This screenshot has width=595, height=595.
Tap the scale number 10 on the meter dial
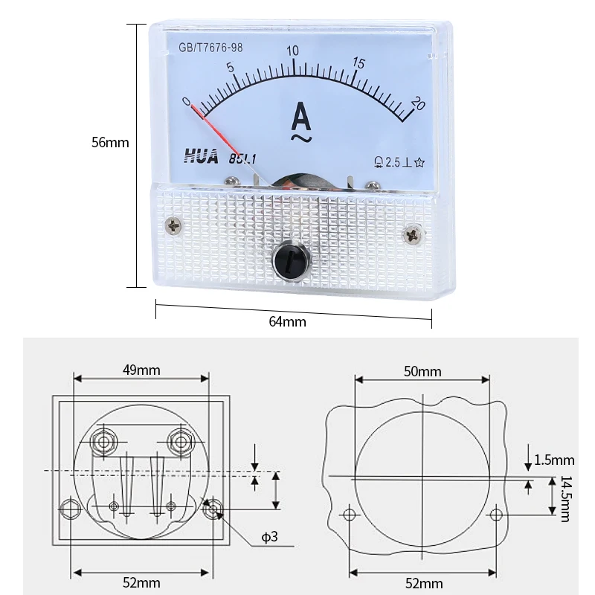pyautogui.click(x=292, y=51)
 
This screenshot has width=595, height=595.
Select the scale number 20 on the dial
pyautogui.click(x=418, y=103)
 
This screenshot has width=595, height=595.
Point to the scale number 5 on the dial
pyautogui.click(x=231, y=68)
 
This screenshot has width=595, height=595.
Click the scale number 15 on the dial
pyautogui.click(x=358, y=63)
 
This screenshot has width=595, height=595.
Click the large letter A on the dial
pyautogui.click(x=301, y=117)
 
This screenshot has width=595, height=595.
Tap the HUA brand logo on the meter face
pyautogui.click(x=202, y=156)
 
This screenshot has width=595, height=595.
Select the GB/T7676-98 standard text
pyautogui.click(x=210, y=48)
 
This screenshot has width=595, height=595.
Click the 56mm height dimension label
pyautogui.click(x=110, y=143)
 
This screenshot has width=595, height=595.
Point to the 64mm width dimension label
pyautogui.click(x=287, y=322)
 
